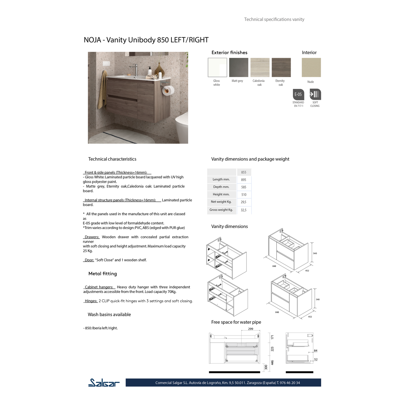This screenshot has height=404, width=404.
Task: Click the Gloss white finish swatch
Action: tap(217, 67)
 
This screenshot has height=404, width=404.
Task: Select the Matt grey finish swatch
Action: tap(238, 67)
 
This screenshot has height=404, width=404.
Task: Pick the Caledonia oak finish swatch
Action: tap(260, 67)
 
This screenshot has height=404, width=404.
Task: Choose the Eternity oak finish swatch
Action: tap(281, 67)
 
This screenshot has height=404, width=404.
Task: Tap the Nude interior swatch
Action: tap(311, 67)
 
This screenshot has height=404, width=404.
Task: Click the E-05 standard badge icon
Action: tap(298, 94)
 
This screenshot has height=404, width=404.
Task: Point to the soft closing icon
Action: tap(315, 94)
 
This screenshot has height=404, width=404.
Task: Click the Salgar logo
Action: tap(104, 382)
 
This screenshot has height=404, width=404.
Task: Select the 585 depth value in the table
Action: tap(244, 187)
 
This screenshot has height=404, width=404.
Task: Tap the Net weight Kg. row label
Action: tap(221, 202)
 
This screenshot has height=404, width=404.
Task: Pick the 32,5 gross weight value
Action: tap(244, 210)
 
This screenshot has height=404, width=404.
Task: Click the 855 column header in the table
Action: tap(244, 172)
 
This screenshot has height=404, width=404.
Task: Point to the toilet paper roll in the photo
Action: tap(169, 90)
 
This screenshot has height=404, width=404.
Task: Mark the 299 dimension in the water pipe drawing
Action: tap(251, 329)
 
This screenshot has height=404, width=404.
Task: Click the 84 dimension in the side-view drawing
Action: tap(316, 351)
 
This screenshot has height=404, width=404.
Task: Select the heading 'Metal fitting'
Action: tap(103, 274)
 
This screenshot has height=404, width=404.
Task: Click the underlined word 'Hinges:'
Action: tap(91, 301)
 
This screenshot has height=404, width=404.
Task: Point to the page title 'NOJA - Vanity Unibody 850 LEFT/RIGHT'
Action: tap(146, 40)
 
